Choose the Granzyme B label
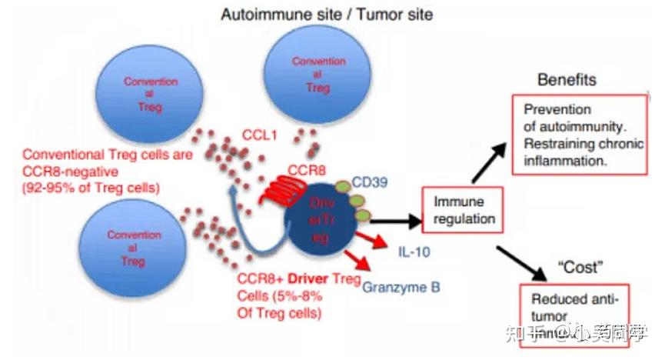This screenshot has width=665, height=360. click(401, 287)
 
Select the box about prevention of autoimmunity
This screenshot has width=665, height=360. click(569, 135)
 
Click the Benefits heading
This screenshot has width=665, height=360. click(567, 80)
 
